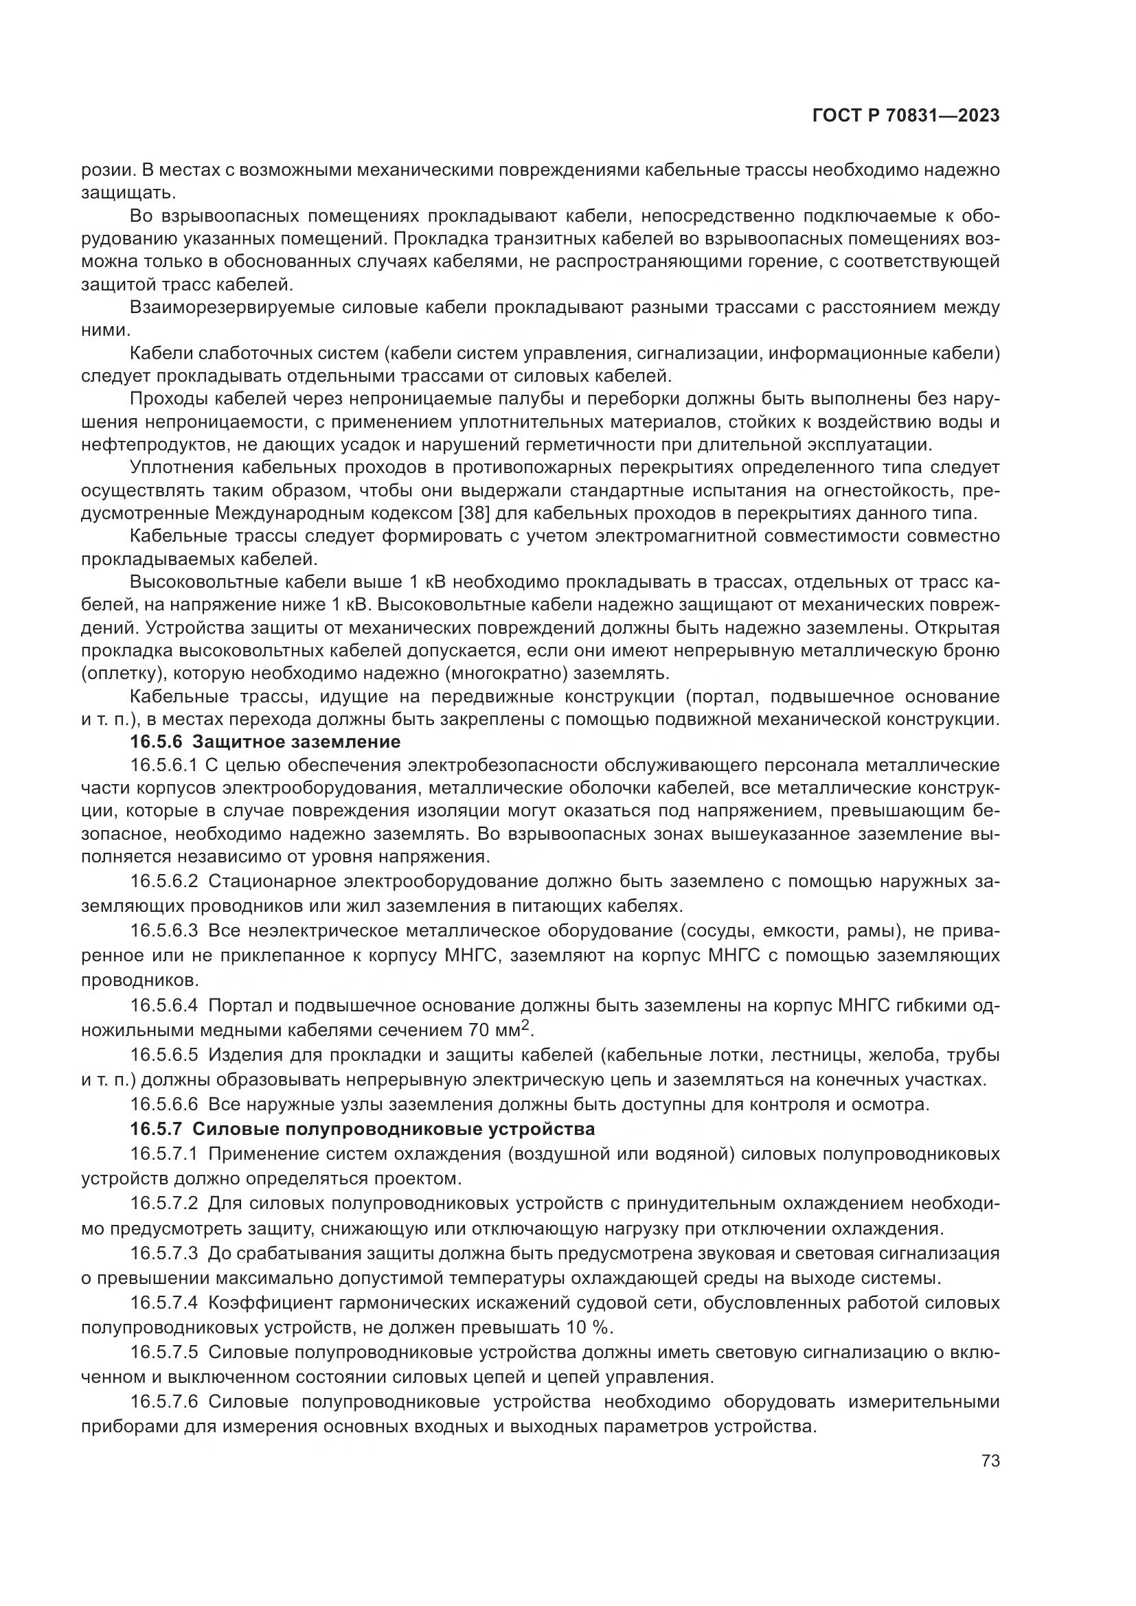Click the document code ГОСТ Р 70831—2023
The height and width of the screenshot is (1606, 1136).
point(906,116)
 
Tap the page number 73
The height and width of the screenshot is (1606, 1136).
point(990,1461)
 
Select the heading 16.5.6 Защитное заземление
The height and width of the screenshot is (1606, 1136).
point(265,742)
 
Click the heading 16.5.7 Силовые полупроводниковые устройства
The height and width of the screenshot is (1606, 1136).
point(363,1129)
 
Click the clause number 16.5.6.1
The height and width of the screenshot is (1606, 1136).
point(165,765)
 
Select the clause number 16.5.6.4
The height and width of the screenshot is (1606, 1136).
point(165,1006)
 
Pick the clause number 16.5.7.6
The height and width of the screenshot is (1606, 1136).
point(165,1403)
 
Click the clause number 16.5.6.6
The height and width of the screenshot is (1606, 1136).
point(165,1105)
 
